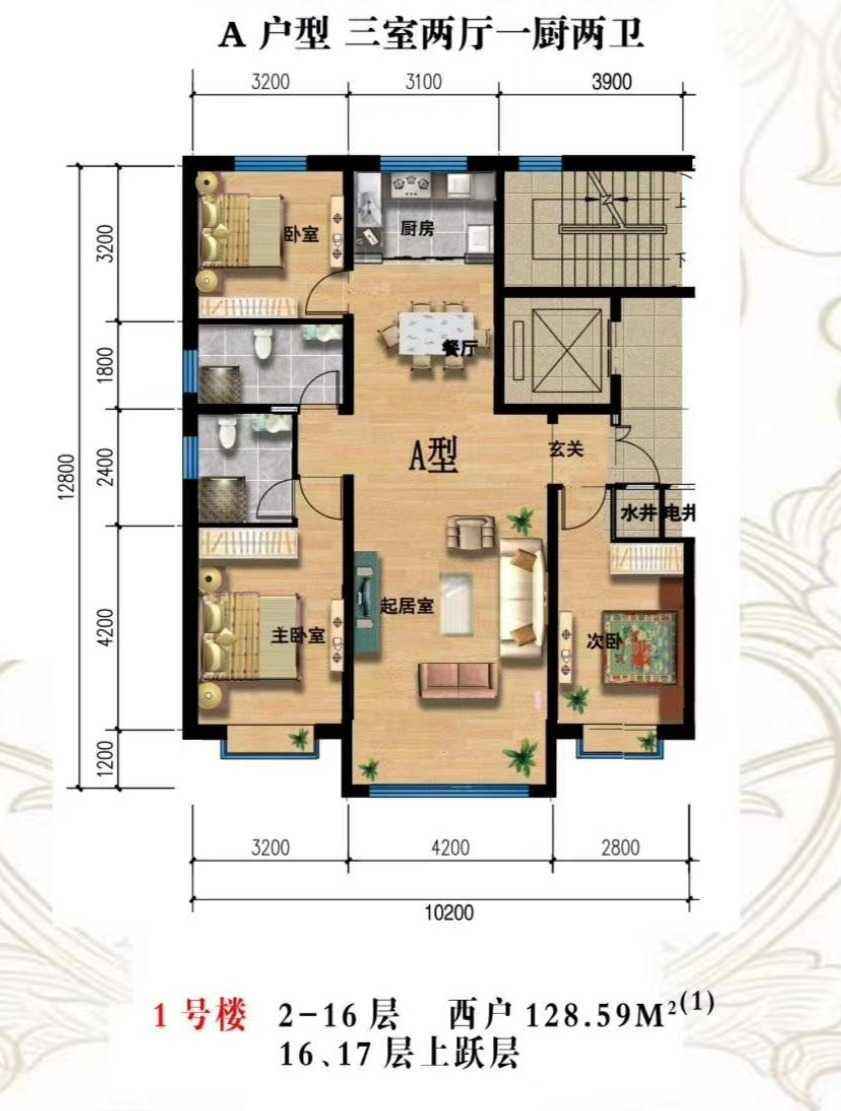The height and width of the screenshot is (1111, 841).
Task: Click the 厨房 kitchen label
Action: tap(417, 229)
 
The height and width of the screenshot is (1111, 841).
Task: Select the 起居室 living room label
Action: tap(407, 606)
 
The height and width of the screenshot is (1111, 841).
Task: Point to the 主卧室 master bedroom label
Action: tap(298, 636)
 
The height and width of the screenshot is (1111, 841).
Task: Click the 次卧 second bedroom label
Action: tap(604, 641)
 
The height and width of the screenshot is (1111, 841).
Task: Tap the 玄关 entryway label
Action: tap(566, 449)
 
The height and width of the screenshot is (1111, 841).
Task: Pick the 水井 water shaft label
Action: tap(638, 514)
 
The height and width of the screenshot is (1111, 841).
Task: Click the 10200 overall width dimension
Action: tap(449, 912)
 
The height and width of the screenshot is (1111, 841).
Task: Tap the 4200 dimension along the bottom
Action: tap(451, 847)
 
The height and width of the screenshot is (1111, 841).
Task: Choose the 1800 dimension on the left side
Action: tap(106, 364)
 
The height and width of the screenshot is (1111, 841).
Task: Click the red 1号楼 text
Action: tap(200, 1015)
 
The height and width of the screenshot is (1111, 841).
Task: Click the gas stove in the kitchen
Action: tap(410, 186)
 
